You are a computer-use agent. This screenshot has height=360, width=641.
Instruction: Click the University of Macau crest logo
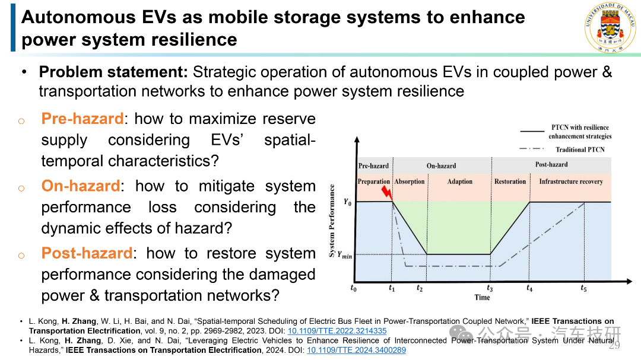tap(610, 27)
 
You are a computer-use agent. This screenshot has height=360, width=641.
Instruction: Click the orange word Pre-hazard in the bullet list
tap(82, 119)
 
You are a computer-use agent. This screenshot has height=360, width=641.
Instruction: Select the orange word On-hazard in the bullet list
tap(81, 186)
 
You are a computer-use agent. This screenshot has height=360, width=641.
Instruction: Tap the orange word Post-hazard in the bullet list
tap(87, 253)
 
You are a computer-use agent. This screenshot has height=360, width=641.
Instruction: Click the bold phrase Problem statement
tap(113, 72)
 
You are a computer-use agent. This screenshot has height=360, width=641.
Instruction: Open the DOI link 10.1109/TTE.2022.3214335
tap(337, 331)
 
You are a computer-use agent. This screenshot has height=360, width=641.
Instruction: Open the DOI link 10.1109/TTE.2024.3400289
tap(356, 350)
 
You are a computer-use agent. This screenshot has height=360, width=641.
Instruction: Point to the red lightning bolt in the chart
tap(387, 192)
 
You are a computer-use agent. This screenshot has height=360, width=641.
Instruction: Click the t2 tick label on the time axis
tap(420, 288)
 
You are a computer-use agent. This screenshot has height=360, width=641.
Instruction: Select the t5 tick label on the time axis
tap(584, 288)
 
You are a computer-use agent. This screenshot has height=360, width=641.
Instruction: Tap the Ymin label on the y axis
tap(345, 255)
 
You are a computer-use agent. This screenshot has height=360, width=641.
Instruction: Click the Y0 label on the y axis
tap(347, 202)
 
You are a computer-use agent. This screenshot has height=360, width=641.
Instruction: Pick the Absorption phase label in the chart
tap(410, 181)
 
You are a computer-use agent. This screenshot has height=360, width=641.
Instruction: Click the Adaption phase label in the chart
tap(460, 181)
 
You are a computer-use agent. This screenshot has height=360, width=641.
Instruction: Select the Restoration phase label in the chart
tap(510, 181)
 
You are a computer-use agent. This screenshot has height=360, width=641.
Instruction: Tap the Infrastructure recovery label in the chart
tap(571, 181)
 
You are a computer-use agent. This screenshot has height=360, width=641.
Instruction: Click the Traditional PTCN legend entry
tap(563, 149)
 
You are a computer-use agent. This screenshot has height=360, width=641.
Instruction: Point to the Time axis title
tap(483, 298)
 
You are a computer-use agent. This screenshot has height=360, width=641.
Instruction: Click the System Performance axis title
tap(332, 221)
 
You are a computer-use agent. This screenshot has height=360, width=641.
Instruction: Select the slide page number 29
tap(614, 346)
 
